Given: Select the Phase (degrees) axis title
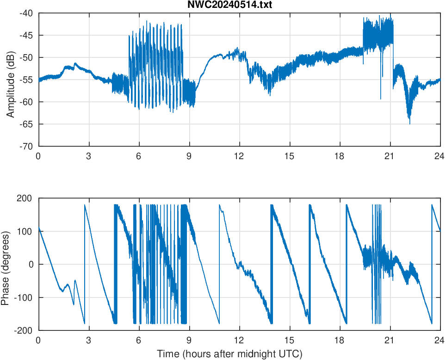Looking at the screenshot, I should click(x=6, y=264).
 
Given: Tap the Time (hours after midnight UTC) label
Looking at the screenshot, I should click(x=229, y=354).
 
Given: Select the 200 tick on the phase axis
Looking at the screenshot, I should click(x=25, y=198).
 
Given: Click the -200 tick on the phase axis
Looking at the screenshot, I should click(x=23, y=330).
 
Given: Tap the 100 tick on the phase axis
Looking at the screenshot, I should click(x=25, y=231).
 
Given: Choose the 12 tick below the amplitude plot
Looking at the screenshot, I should click(x=239, y=156).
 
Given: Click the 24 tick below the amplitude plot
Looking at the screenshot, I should click(x=440, y=156).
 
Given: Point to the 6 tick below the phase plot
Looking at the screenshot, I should click(x=139, y=340).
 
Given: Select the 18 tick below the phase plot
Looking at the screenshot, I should click(x=340, y=340).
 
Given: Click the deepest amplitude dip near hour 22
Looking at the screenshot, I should click(x=409, y=123).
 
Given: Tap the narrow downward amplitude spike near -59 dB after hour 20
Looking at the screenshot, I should click(x=381, y=98).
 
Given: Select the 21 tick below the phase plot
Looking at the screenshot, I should click(x=390, y=340).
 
